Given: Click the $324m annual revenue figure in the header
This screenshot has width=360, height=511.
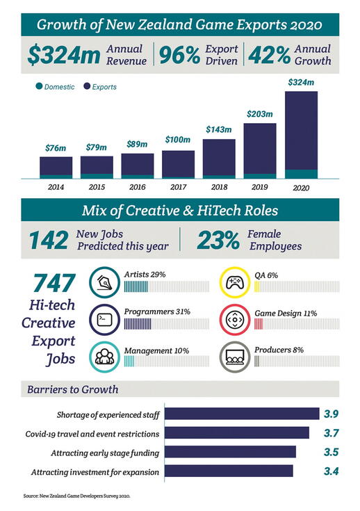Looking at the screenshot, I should click(67, 56).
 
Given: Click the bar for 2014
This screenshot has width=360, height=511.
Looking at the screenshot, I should click(56, 168).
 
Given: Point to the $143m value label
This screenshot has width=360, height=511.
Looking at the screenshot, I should click(218, 129).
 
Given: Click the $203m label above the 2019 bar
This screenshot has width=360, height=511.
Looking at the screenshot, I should click(259, 113).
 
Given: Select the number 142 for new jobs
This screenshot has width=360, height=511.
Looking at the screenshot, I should click(48, 240).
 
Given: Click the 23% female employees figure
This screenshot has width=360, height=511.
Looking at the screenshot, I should click(221, 240).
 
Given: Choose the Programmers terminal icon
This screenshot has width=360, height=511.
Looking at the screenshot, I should click(105, 321).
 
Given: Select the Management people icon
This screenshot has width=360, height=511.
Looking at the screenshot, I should click(105, 357).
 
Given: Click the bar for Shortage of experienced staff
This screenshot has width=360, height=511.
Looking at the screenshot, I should click(242, 414).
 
